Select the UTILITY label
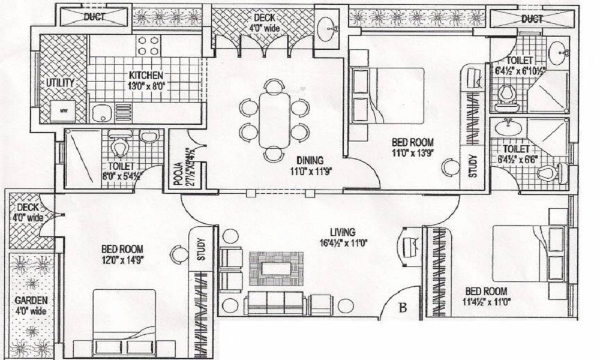pos(59,82)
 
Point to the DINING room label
pos(309,160)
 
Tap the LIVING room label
pos(342,232)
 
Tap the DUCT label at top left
pos(94,17)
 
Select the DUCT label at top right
pos(531,19)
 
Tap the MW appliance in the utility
pos(62,111)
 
